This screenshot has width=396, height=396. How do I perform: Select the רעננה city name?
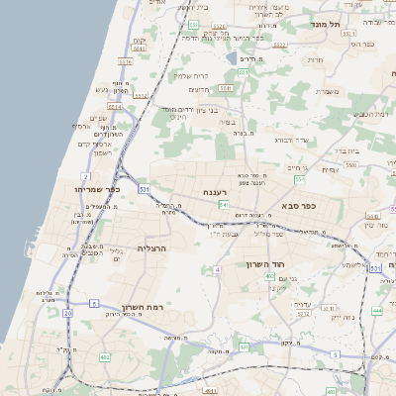(x=216, y=192)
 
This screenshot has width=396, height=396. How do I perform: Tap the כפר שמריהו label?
(x=96, y=188)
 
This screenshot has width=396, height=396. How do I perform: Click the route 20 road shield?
(x=67, y=313)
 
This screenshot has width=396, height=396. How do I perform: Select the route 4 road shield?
(x=216, y=269)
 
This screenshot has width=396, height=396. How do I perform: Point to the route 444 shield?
(x=377, y=310)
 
